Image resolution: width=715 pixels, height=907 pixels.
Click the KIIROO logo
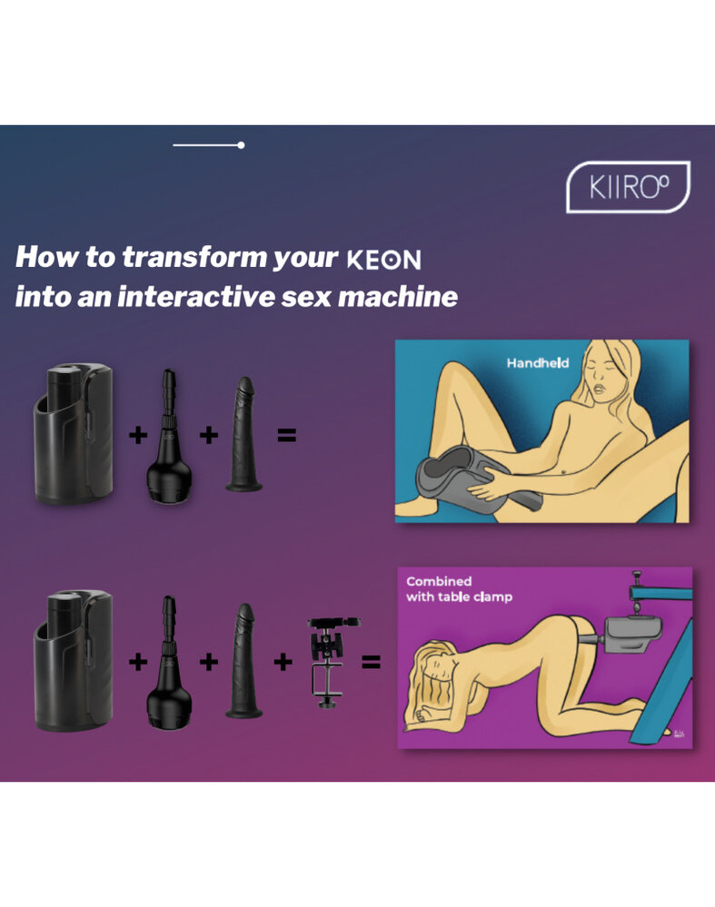pos(628,187)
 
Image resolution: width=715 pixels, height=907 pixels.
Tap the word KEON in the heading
pos(384,261)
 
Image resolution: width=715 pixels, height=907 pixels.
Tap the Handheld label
pos(538,362)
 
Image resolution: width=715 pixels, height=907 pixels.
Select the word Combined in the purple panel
pos(439,581)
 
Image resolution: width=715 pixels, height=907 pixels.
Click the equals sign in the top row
pos(286,435)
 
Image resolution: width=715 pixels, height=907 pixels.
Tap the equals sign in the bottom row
pos(370,662)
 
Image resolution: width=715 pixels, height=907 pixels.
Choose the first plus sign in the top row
pos(138,435)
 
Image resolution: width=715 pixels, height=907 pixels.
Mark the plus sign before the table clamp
pos(283,662)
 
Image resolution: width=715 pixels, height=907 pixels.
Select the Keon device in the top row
pos(74,433)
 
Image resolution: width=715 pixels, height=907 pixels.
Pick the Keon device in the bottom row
pos(74,660)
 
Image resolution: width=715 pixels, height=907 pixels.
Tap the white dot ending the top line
pos(241,145)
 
